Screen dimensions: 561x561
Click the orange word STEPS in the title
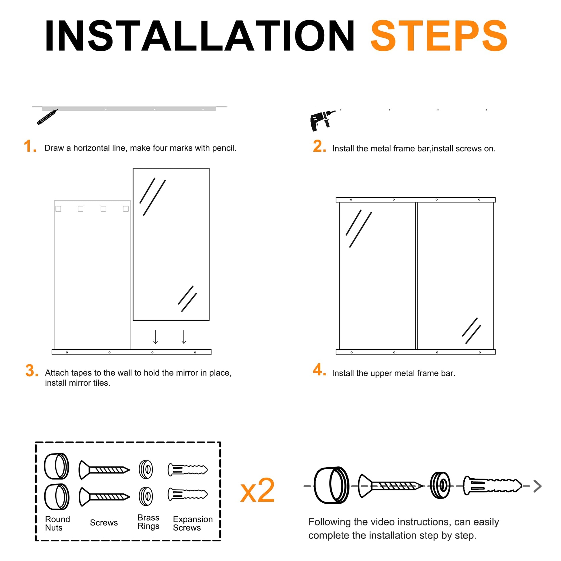pos(439,36)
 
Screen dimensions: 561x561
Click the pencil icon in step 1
pos(47,117)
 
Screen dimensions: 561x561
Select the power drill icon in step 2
pos(322,121)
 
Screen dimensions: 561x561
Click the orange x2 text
pos(257,491)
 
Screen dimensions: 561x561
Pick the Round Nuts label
pos(57,523)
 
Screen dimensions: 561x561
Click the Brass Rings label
pos(148,522)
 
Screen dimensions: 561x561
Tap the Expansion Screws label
pos(193,523)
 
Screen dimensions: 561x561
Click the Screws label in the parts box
pos(104,523)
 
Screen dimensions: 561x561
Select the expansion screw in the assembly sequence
pos(492,485)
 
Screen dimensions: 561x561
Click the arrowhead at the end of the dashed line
pos(537,486)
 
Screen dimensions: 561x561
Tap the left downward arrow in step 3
pos(156,337)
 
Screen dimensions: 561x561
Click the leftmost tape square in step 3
pos(58,209)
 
